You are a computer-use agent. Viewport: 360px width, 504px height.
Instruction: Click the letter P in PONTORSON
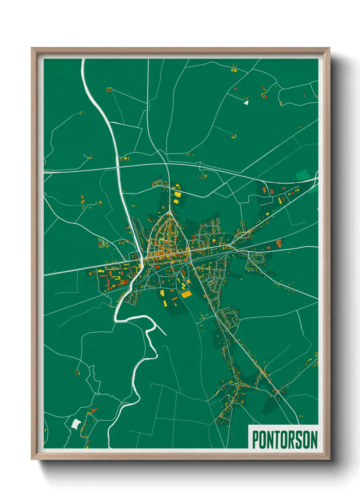(255, 440)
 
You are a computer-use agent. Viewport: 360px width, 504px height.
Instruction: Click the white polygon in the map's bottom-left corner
(76, 424)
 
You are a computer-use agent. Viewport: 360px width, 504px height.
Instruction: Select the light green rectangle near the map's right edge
(302, 175)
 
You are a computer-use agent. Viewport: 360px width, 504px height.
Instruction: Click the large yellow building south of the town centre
(186, 294)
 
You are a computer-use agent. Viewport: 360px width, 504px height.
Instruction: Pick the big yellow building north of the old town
(177, 194)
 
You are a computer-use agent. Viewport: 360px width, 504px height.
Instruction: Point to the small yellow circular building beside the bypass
(125, 158)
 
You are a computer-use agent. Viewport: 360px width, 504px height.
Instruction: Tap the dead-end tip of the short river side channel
(166, 335)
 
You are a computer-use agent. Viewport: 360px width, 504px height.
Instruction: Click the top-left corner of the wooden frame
(32, 48)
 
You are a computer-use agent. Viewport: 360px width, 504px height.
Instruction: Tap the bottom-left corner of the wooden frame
(32, 459)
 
